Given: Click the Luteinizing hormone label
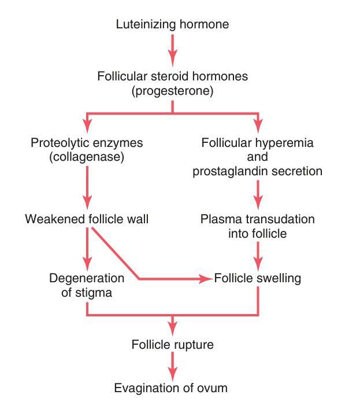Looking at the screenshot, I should pos(172,24).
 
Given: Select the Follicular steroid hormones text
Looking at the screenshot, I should pos(172,76).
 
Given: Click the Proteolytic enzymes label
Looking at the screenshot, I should pos(87,142).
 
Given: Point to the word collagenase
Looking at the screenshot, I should pos(87,157).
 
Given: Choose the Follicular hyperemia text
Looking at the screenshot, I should pos(258,142).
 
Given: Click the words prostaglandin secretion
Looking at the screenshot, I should pos(258,171).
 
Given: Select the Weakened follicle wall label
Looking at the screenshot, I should pos(87,220).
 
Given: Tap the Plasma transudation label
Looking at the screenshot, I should pos(258,220).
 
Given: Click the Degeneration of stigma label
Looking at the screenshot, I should pos(87,285).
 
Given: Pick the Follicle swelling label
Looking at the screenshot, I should pos(258,278).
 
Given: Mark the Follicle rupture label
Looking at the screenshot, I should pos(172,345).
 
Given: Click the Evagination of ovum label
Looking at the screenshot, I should pos(172,387).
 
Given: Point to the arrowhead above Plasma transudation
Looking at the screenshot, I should pos(258,204).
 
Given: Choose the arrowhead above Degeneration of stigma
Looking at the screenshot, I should pos(87,262).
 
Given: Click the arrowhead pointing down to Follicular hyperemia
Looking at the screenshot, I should pos(258,126).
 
